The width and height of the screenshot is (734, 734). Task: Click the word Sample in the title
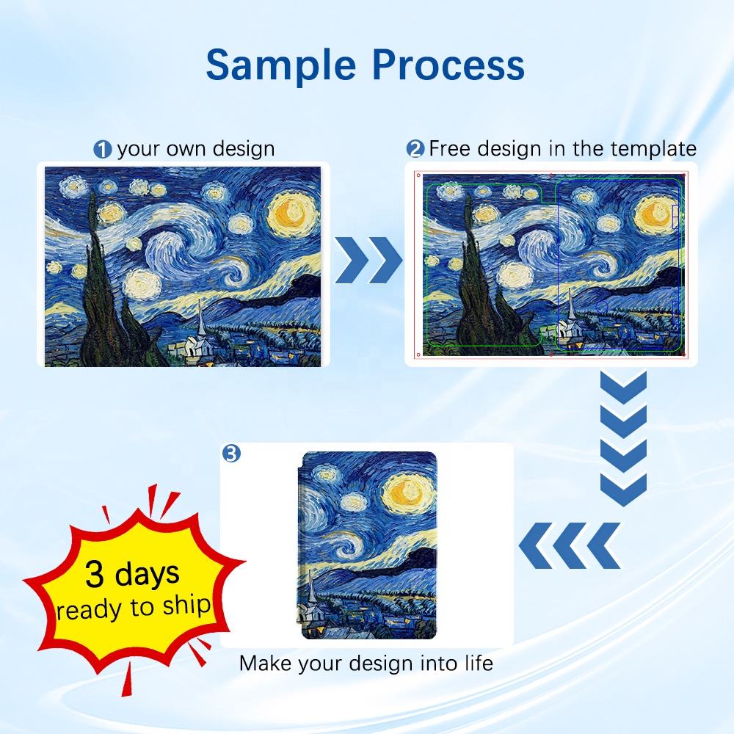click(281, 65)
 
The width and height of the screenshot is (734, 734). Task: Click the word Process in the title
click(449, 65)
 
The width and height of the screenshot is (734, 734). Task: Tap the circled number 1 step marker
click(103, 150)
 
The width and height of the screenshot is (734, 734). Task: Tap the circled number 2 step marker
click(415, 149)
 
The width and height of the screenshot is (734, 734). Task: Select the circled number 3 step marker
click(231, 453)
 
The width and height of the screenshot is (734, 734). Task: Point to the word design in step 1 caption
click(244, 150)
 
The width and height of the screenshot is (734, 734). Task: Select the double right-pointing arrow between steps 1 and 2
click(368, 260)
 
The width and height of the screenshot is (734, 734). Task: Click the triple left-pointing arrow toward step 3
click(570, 546)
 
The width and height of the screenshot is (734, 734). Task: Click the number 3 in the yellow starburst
click(94, 574)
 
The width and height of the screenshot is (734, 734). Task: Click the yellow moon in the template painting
click(653, 214)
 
